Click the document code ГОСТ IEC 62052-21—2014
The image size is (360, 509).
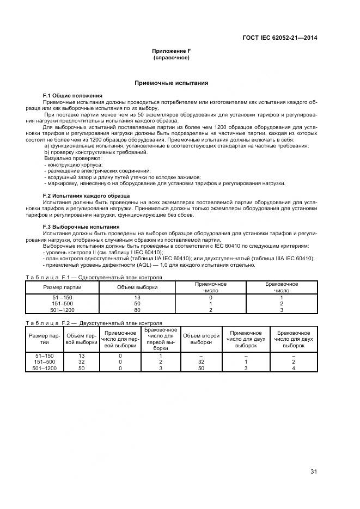[x=280, y=38]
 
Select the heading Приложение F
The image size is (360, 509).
[x=171, y=51]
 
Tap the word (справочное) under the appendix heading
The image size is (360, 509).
[x=171, y=57]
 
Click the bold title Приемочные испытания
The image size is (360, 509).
[x=172, y=83]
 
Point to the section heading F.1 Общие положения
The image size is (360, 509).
[x=72, y=96]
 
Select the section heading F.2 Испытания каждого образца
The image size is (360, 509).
[x=86, y=195]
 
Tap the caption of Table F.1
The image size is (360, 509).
[x=94, y=277]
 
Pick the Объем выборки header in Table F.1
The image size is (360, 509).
[x=137, y=287]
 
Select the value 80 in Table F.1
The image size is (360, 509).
[x=137, y=310]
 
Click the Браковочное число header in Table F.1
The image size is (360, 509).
[x=281, y=287]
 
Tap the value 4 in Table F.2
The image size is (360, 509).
[x=294, y=369]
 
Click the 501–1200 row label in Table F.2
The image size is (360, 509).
[x=45, y=369]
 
